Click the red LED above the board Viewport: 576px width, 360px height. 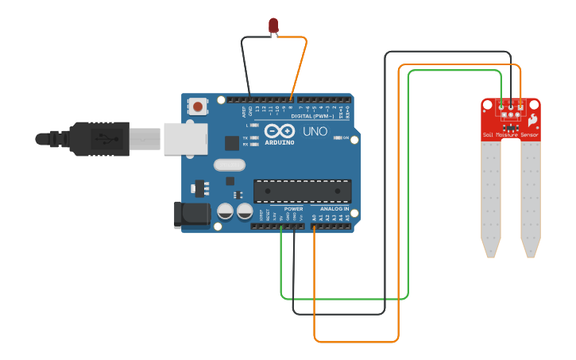click(x=273, y=25)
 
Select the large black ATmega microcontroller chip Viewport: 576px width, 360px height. click(x=302, y=191)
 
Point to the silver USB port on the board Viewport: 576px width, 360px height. click(x=185, y=138)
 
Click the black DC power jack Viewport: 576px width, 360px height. click(x=191, y=215)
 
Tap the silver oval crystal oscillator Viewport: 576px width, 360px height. click(x=230, y=165)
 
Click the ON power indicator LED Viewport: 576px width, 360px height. click(x=338, y=137)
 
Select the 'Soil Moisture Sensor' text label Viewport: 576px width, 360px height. click(x=510, y=135)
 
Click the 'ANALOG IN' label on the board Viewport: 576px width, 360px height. click(x=334, y=208)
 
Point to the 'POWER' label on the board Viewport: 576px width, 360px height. click(x=293, y=208)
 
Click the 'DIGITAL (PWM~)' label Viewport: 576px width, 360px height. click(x=312, y=116)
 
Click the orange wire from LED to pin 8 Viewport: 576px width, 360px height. click(x=299, y=68)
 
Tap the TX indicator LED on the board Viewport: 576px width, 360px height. click(x=253, y=137)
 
